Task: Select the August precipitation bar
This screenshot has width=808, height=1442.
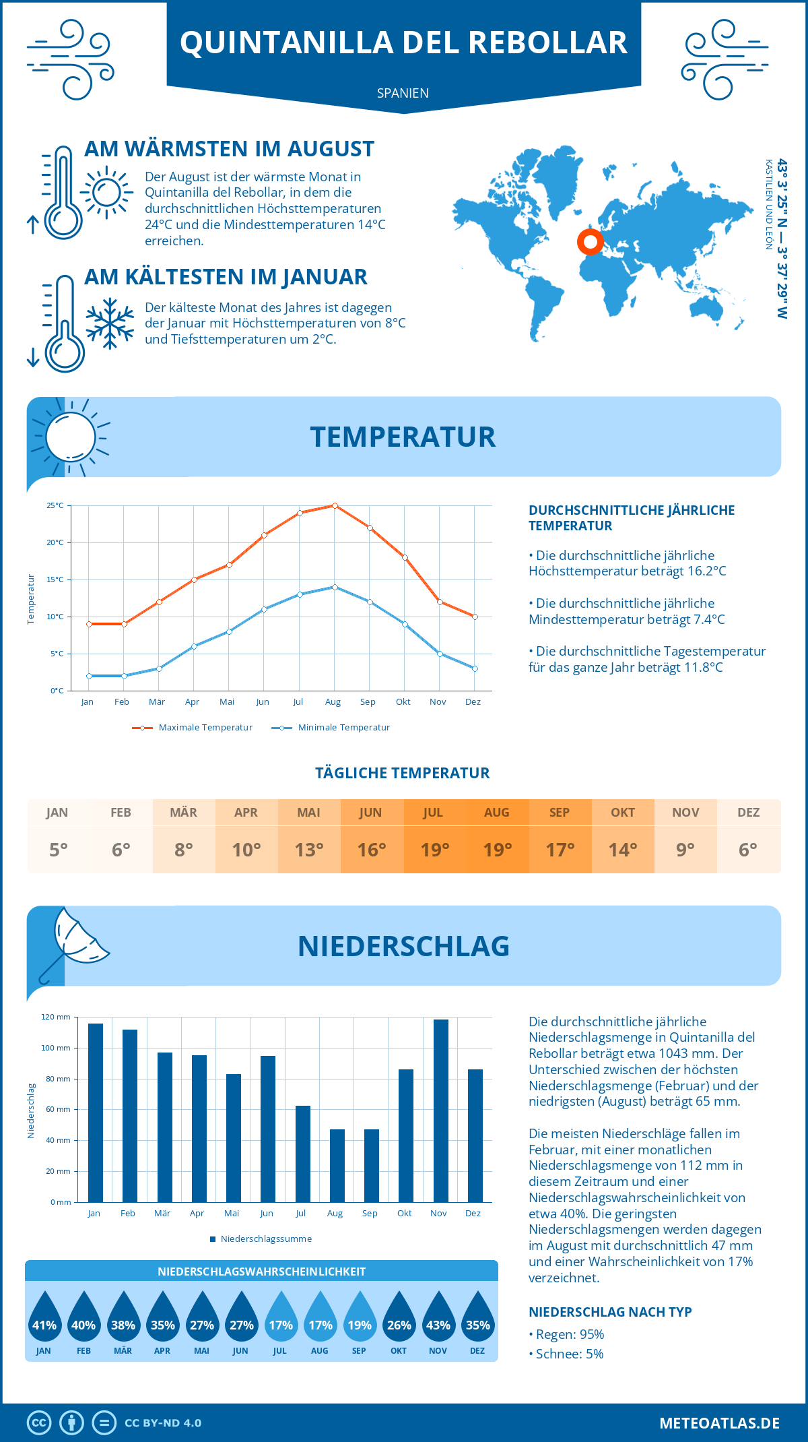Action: point(337,1166)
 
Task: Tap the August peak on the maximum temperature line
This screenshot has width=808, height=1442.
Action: point(335,505)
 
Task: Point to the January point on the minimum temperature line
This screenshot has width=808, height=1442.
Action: point(89,676)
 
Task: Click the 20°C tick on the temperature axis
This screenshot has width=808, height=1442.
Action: point(55,542)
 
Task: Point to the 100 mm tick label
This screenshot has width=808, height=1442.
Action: point(55,1048)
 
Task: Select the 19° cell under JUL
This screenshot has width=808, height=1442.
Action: point(434,850)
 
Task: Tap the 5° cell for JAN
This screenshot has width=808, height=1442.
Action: point(58,850)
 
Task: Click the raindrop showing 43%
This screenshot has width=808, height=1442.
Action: point(438,1317)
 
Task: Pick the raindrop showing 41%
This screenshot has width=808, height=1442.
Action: point(44,1317)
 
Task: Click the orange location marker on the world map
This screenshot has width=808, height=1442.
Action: point(590,242)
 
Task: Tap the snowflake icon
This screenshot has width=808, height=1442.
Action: point(110,323)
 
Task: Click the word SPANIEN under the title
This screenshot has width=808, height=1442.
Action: point(403,93)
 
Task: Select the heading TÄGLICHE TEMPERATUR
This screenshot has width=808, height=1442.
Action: point(403,773)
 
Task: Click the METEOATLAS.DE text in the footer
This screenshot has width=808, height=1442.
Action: point(719,1423)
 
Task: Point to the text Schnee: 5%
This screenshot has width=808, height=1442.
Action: point(569,1354)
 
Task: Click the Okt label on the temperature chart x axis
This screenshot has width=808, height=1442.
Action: point(403,701)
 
